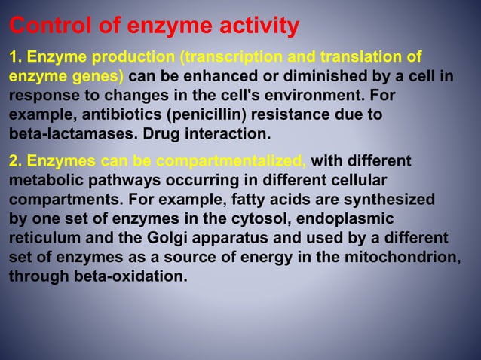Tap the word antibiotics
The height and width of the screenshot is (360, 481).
(x=106, y=116)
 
